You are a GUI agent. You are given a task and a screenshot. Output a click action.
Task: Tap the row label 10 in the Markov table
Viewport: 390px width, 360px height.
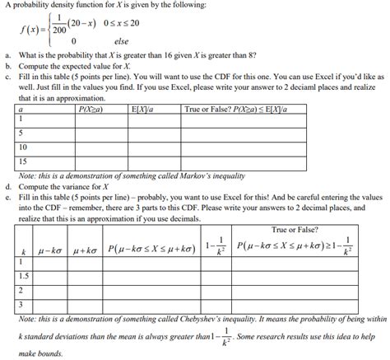pyautogui.click(x=23, y=146)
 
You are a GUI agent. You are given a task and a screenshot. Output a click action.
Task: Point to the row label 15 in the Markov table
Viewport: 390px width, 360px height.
pyautogui.click(x=23, y=161)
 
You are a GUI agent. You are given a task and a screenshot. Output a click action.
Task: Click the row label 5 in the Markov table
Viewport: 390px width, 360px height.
pyautogui.click(x=21, y=132)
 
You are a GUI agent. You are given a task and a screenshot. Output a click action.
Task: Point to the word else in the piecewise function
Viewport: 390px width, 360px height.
pyautogui.click(x=121, y=41)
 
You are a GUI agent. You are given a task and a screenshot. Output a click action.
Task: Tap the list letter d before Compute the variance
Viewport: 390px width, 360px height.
pyautogui.click(x=7, y=185)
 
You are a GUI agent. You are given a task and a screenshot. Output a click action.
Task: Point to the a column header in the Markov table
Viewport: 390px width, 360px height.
pyautogui.click(x=20, y=109)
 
